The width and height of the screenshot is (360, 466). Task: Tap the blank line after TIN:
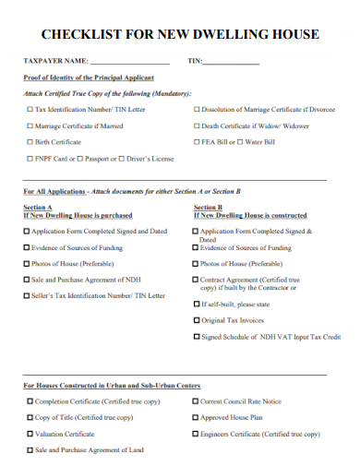[x=231, y=62]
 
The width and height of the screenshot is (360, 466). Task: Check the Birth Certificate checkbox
[x=30, y=142]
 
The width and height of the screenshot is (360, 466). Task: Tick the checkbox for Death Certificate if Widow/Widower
[x=196, y=125]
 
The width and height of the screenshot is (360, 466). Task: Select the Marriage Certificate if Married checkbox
[x=30, y=125]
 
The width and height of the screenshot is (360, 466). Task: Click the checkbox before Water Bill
[x=240, y=142]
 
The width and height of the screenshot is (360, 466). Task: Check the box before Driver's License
[x=121, y=159]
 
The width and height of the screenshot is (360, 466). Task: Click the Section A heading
[x=38, y=208]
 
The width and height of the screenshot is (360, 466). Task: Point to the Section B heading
[x=208, y=208]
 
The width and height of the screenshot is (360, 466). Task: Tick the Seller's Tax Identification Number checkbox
[x=27, y=295]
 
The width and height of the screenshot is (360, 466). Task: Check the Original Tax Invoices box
[x=197, y=320]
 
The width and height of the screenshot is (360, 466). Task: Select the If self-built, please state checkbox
[x=197, y=304]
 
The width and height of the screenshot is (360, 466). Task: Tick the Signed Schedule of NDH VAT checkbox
[x=197, y=337]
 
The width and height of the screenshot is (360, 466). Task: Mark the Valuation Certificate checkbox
[x=30, y=434]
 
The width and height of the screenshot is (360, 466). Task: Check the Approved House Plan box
[x=196, y=417]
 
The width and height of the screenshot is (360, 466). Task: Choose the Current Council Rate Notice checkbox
[x=196, y=401]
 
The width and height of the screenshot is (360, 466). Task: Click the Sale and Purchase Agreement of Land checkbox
[x=30, y=450]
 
